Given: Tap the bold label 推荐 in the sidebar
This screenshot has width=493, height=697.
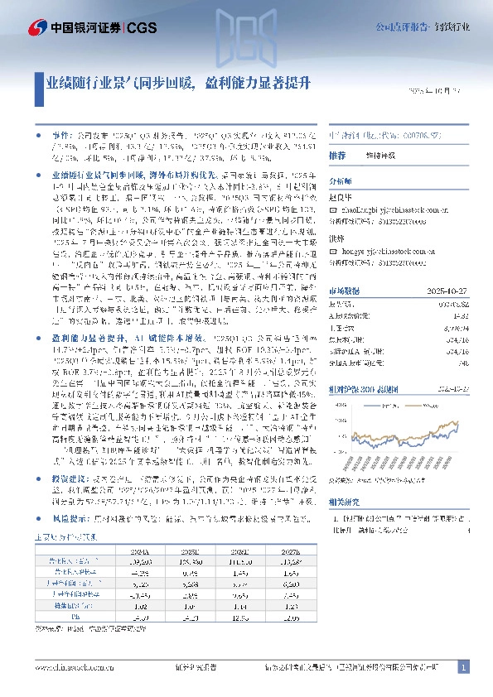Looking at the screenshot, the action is (x=337, y=155).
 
